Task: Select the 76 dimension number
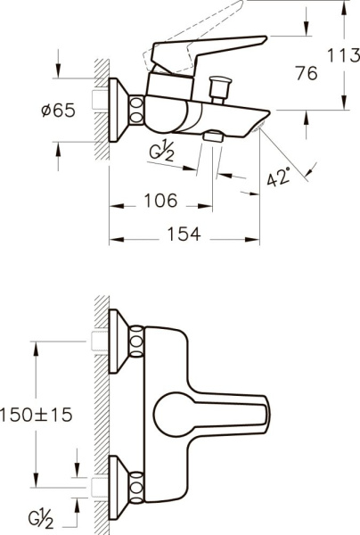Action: pyautogui.click(x=306, y=74)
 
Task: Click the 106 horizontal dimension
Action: pyautogui.click(x=160, y=201)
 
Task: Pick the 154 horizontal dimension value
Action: pyautogui.click(x=182, y=234)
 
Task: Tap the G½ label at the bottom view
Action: pyautogui.click(x=37, y=517)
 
